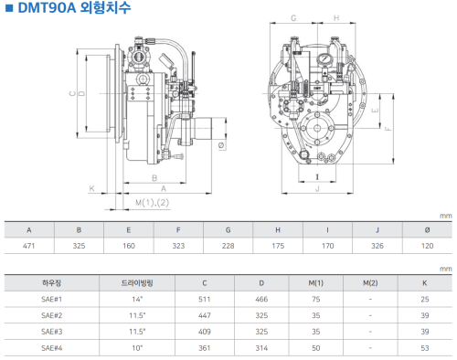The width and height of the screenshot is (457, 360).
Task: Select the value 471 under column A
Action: coord(29,246)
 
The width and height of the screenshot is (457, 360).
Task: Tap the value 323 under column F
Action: coord(178,246)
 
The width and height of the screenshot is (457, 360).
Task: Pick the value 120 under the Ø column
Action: coord(427,246)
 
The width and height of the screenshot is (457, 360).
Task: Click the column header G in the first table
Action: coord(228,230)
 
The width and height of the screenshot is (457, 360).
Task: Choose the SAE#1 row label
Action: coord(51,300)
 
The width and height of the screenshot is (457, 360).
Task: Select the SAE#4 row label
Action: coord(51,348)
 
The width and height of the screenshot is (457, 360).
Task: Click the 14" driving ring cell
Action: coord(137,300)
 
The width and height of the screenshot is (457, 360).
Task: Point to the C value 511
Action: coord(205,300)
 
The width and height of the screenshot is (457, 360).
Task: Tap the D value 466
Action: coord(261,300)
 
